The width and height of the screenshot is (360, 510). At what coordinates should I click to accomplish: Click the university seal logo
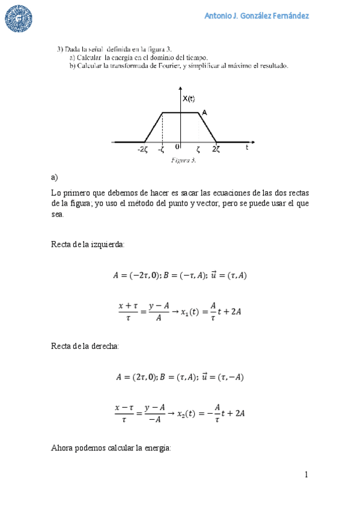coord(19,19)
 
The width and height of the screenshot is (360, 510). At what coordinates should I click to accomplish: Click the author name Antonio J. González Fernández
coord(257,16)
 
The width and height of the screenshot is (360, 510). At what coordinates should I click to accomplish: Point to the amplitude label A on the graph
coord(204,112)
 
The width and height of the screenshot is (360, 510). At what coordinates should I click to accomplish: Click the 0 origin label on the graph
coord(177,146)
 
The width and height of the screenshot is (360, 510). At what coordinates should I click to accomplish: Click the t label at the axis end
coord(247,146)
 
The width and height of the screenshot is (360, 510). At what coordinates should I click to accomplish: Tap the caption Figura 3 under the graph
coord(183,161)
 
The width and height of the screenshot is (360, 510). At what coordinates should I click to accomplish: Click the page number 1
coord(306,475)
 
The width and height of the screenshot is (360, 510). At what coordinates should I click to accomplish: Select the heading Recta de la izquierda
coord(88,244)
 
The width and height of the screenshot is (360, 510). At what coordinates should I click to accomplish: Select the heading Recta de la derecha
coord(85,346)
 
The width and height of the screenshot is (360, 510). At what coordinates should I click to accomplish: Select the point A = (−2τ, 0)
coord(135,276)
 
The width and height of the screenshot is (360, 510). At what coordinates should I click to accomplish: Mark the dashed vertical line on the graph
coord(163,127)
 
